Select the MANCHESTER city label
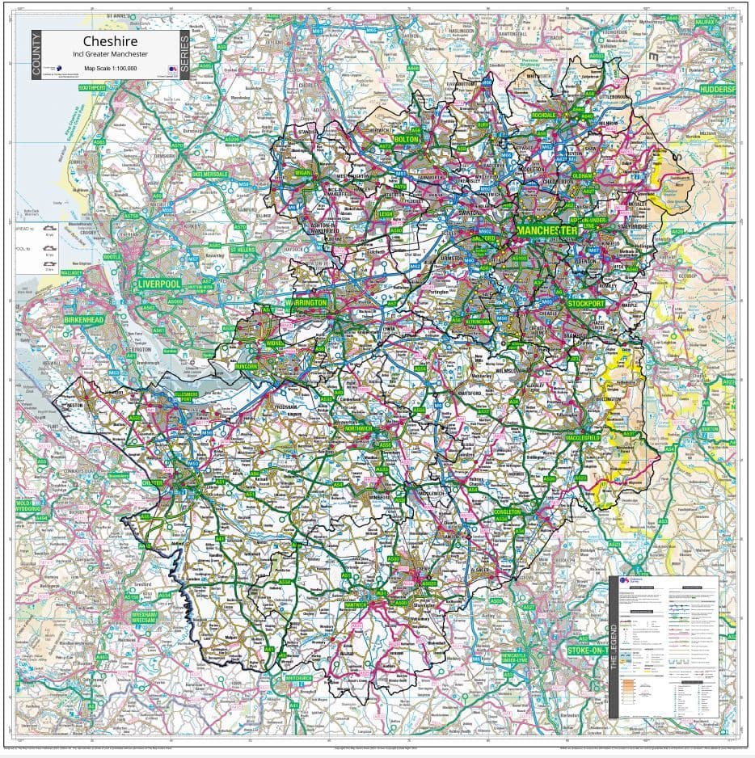coord(547,231)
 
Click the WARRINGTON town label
coord(307,303)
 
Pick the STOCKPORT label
coord(586,303)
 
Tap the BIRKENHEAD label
coord(84,320)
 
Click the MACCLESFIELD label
coord(583,437)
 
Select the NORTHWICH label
coord(358,428)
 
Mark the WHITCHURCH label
coord(298,678)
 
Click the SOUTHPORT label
coord(93,86)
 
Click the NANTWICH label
coord(356,604)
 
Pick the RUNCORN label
coord(247,366)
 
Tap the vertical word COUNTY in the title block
coord(36,55)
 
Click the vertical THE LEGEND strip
coord(614,646)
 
